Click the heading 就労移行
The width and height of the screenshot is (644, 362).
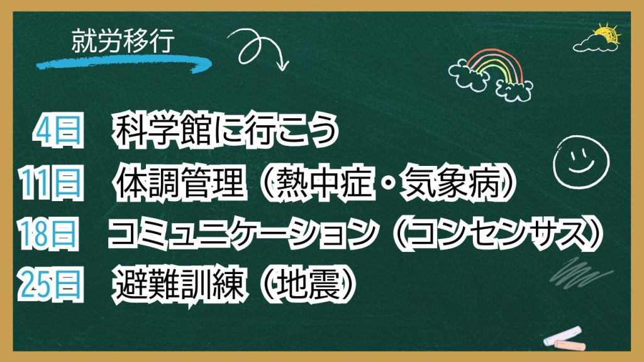[x=123, y=41]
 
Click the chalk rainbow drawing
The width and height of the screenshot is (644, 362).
[x=491, y=75]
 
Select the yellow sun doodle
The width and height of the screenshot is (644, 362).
[x=607, y=34]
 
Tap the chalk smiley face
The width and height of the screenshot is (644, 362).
[x=580, y=162]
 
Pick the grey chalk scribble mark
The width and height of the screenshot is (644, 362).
[x=580, y=272]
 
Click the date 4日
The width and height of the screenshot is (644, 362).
[x=58, y=131]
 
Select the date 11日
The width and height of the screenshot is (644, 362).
[x=50, y=183]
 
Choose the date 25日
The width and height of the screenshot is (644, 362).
[x=50, y=284]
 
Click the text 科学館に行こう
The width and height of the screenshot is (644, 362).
[x=226, y=131]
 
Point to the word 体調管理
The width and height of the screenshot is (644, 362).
[x=180, y=183]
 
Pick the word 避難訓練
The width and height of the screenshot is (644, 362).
[x=180, y=285]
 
